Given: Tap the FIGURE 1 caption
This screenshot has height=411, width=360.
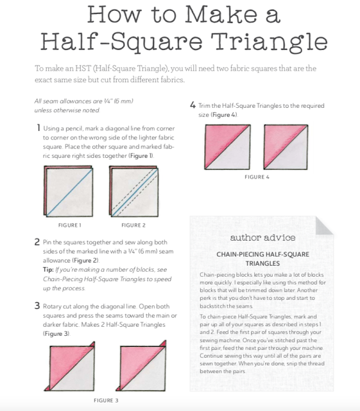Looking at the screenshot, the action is tap(70, 225).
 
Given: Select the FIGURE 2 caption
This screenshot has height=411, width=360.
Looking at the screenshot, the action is tap(133, 225).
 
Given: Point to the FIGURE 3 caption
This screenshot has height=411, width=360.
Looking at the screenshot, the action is tap(106, 401).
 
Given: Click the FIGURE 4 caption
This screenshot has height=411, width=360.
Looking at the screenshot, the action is tap(257, 177).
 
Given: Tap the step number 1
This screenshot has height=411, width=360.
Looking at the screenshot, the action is tap(39, 128).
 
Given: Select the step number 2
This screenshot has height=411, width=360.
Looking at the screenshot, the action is tap(37, 242).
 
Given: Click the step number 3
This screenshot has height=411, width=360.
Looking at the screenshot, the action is tap(37, 306).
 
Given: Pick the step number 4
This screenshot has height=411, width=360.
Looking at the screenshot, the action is tap(193, 105).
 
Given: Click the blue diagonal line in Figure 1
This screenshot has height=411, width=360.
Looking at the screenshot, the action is tap(69, 193).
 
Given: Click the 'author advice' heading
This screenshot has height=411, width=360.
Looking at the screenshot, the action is tap(263, 238).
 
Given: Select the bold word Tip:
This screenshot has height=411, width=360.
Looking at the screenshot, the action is tap(48, 270).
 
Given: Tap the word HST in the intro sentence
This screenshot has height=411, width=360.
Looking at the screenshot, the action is tap(83, 69).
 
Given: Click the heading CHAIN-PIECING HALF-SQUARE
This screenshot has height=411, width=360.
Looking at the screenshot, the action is tap(263, 254).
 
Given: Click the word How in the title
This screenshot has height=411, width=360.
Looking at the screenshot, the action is tap(114, 14).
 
